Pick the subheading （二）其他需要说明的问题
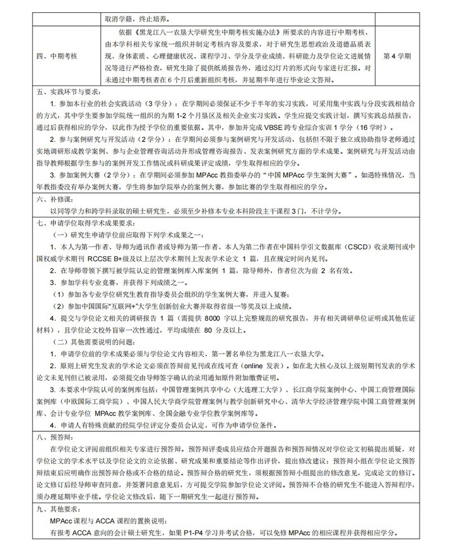[93, 342]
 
